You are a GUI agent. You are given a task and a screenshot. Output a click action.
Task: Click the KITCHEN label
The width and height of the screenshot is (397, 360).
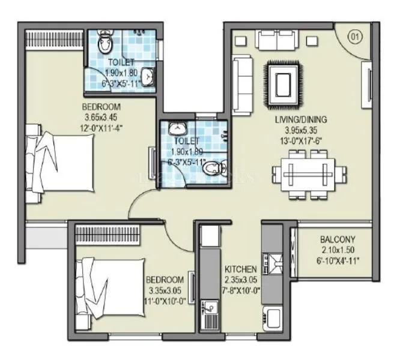pyautogui.click(x=241, y=269)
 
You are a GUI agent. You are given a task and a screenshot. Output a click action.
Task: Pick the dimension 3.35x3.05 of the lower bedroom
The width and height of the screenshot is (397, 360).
pyautogui.click(x=164, y=290)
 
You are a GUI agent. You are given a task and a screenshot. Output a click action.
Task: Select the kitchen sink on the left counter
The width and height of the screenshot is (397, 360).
pyautogui.click(x=210, y=313)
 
